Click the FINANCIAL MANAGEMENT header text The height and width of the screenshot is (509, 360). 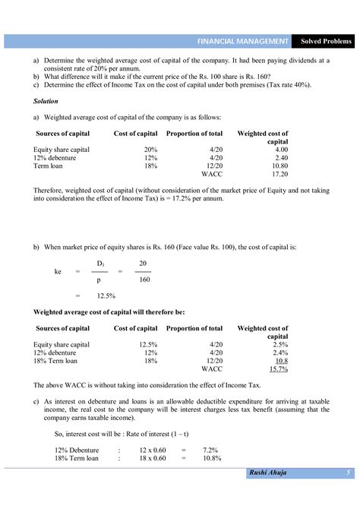pos(242,40)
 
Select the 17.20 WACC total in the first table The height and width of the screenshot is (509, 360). pos(280,173)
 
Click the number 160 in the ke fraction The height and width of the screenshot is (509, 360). pos(143,279)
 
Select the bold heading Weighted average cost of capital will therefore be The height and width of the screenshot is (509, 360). pos(109,311)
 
